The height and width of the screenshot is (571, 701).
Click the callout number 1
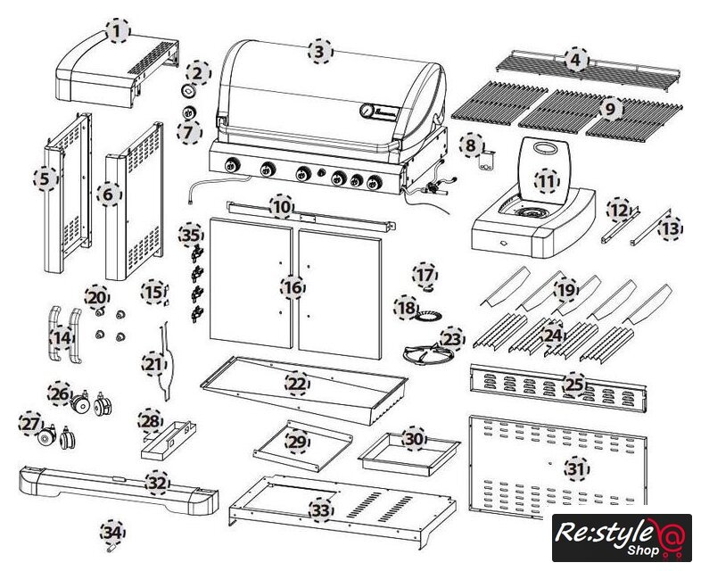[116, 32]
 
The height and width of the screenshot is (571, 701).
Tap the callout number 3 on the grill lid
[318, 52]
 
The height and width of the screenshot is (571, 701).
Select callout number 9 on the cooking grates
[609, 109]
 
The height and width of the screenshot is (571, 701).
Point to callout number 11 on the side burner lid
[546, 180]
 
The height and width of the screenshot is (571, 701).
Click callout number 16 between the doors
[291, 287]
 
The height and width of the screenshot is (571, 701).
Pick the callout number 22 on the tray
[296, 384]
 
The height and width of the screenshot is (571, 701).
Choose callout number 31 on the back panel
[577, 467]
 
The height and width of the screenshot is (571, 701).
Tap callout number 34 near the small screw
[111, 533]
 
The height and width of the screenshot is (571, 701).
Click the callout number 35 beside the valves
[190, 236]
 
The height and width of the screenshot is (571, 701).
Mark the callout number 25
[573, 385]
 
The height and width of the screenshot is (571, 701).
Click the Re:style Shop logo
[622, 537]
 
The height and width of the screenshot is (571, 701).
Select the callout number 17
[425, 274]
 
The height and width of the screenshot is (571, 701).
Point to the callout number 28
[150, 420]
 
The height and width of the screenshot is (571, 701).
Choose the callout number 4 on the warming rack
[575, 60]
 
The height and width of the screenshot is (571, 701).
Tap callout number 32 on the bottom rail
[157, 482]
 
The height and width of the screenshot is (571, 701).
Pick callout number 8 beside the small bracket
[471, 144]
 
